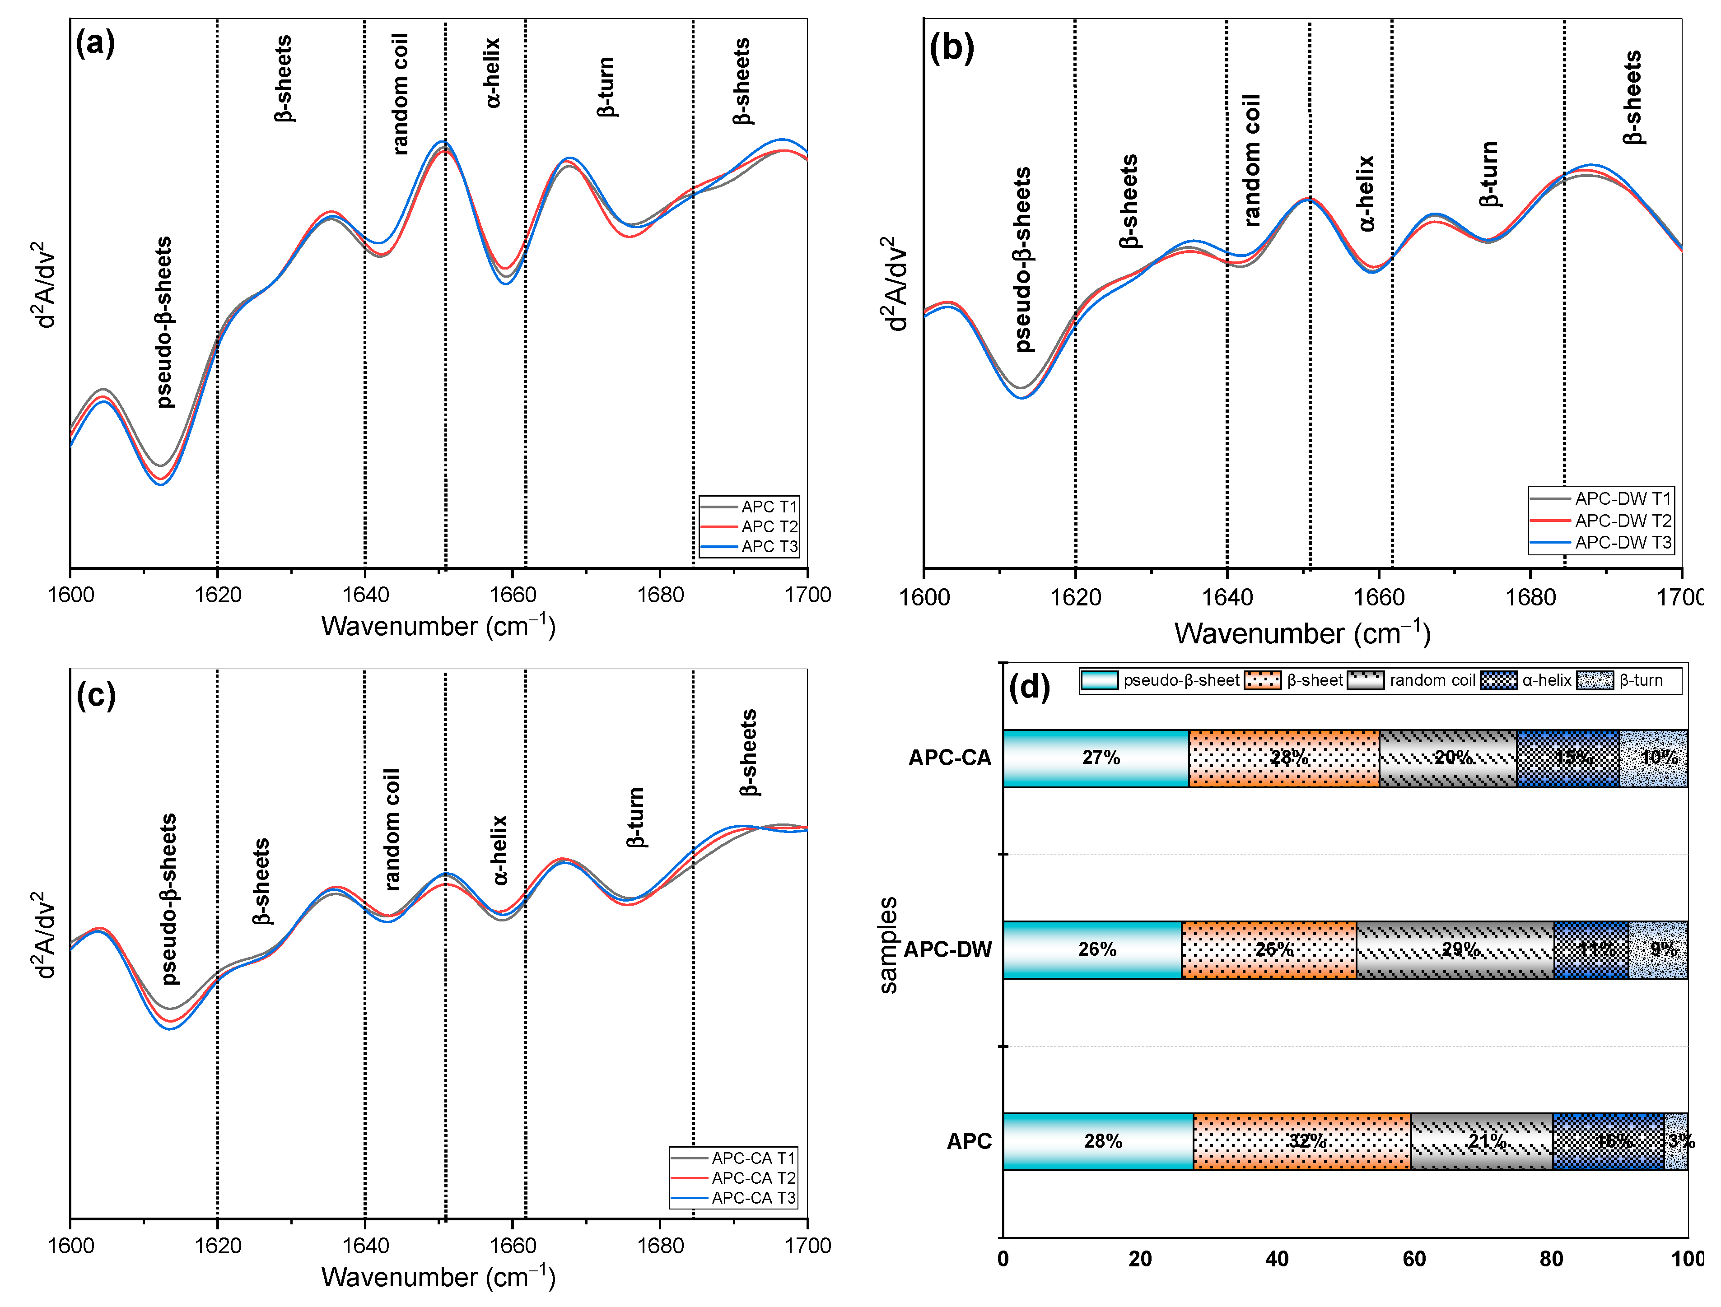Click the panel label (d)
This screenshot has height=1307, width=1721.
pos(1029,687)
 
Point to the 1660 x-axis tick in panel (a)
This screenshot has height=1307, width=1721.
pos(513,595)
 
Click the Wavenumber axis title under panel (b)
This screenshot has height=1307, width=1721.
pos(1301,634)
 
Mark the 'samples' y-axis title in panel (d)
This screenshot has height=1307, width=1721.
pos(888,946)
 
